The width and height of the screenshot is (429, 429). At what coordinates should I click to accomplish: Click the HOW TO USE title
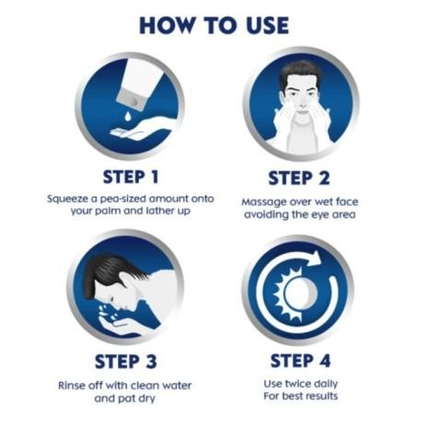(214, 25)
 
